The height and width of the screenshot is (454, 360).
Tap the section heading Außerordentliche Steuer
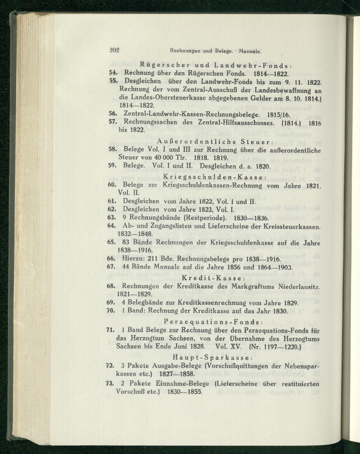click(x=214, y=140)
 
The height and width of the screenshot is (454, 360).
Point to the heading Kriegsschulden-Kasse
click(x=215, y=177)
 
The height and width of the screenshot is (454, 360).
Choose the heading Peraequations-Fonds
click(x=214, y=321)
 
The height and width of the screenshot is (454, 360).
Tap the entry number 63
click(x=111, y=218)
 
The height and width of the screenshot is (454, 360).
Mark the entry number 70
click(x=111, y=310)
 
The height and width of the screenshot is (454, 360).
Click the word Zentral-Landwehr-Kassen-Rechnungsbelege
click(x=191, y=114)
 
